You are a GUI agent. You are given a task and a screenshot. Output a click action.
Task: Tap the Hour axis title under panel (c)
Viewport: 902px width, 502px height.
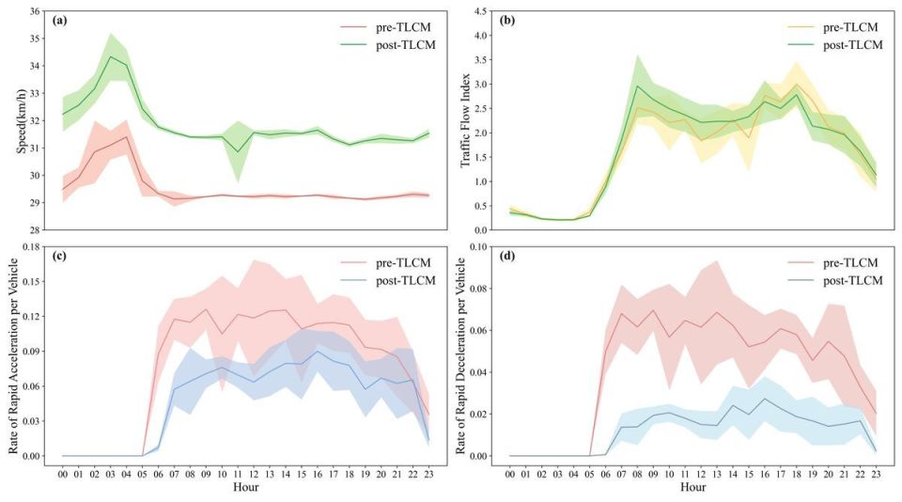pyautogui.click(x=245, y=489)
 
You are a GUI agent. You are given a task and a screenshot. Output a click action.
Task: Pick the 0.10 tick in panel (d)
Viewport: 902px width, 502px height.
pyautogui.click(x=482, y=246)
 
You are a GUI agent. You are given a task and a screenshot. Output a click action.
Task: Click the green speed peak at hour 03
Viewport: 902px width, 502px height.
pyautogui.click(x=111, y=56)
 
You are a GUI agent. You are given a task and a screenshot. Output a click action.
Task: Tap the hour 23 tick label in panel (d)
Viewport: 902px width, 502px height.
pyautogui.click(x=876, y=475)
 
